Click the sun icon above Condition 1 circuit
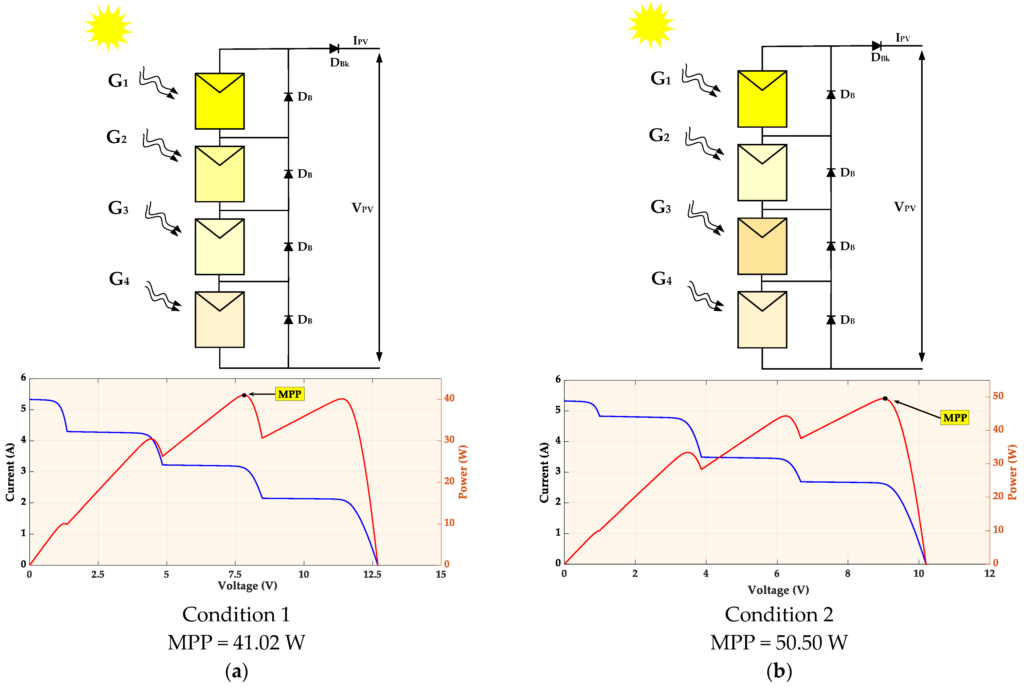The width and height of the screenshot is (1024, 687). click(x=108, y=28)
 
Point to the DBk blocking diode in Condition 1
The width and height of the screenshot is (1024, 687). click(x=334, y=48)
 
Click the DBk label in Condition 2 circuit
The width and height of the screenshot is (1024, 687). click(x=880, y=57)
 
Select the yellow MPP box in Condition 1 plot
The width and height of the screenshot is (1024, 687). click(x=289, y=394)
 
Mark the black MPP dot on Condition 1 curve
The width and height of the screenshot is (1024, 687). click(x=244, y=395)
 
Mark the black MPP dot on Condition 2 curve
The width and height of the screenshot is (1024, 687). click(x=885, y=398)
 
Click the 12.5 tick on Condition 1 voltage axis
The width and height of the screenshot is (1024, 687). click(x=372, y=574)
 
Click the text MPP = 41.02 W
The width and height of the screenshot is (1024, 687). click(x=236, y=642)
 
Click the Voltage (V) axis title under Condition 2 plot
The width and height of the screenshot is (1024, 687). click(x=778, y=590)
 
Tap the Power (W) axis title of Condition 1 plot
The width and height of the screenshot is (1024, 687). click(x=463, y=472)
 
